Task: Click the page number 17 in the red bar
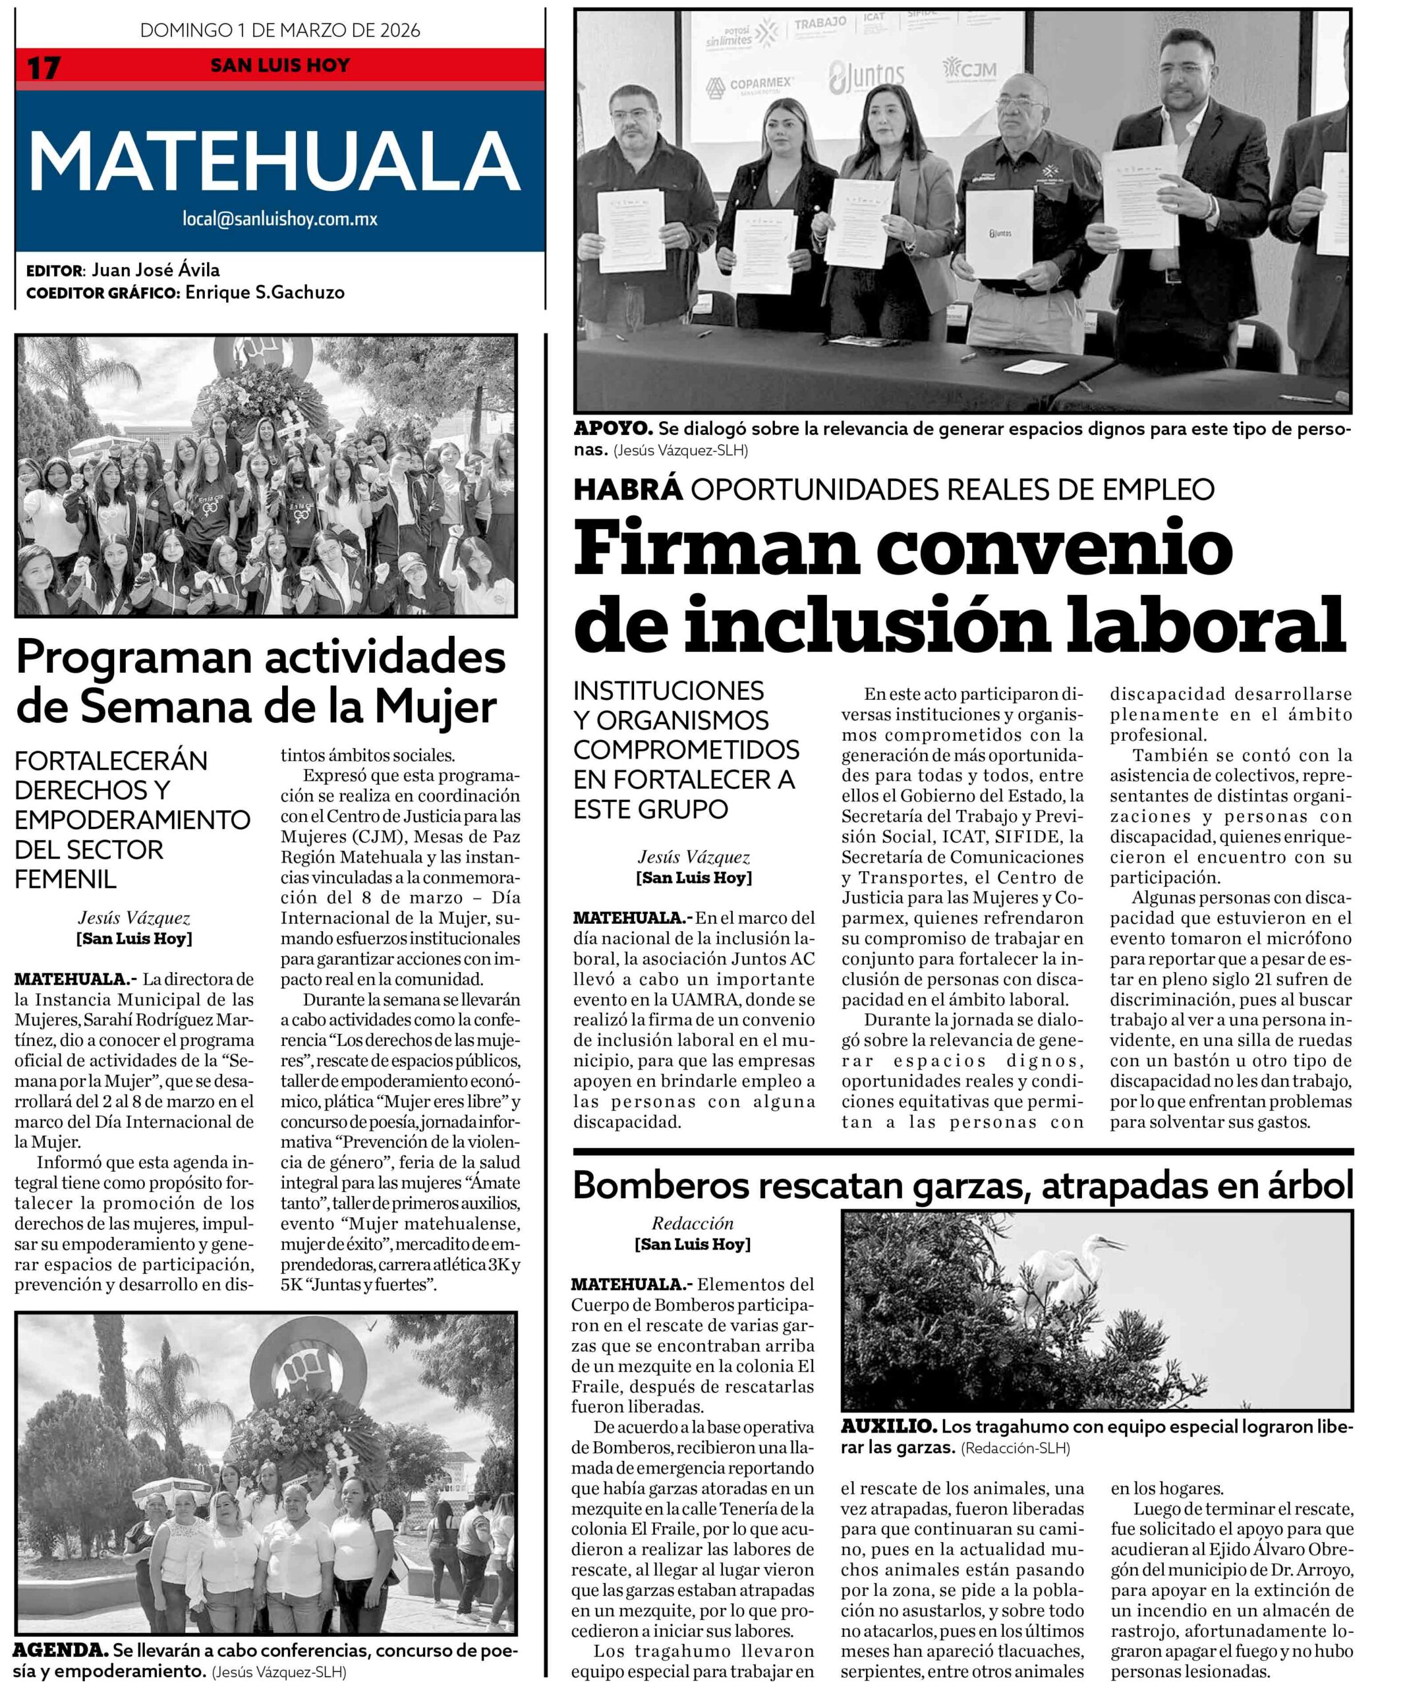(43, 67)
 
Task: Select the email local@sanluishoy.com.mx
(279, 219)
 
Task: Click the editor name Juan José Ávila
(155, 270)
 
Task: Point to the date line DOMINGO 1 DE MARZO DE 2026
(279, 30)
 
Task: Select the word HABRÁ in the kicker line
(627, 488)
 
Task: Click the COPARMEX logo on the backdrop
(751, 85)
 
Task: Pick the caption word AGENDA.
(61, 1650)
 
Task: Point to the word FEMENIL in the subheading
(66, 879)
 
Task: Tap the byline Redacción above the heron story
(693, 1224)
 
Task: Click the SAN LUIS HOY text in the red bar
(279, 65)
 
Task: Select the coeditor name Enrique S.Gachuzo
(264, 293)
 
